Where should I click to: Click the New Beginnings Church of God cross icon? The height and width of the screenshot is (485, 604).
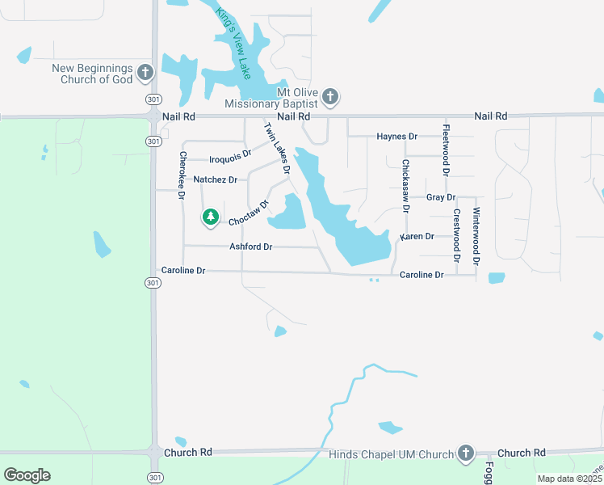pyautogui.click(x=145, y=73)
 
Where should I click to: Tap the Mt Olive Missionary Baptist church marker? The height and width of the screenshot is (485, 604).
pyautogui.click(x=329, y=98)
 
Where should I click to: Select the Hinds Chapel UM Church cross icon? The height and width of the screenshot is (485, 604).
pyautogui.click(x=465, y=453)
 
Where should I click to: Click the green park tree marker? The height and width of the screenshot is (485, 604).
pyautogui.click(x=211, y=217)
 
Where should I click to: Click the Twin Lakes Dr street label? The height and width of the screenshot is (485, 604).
pyautogui.click(x=276, y=148)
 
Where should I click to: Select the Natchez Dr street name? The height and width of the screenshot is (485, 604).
pyautogui.click(x=216, y=179)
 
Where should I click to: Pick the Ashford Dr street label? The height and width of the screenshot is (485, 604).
pyautogui.click(x=251, y=247)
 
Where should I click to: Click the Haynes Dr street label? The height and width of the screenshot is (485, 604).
pyautogui.click(x=396, y=137)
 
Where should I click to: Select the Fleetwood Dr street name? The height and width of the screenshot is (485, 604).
pyautogui.click(x=446, y=150)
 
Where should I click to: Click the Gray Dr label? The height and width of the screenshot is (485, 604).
pyautogui.click(x=441, y=197)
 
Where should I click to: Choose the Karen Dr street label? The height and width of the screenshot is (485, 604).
pyautogui.click(x=417, y=237)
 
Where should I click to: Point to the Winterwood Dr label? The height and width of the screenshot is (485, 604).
pyautogui.click(x=476, y=237)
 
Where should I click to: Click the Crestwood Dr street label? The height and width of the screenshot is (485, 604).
pyautogui.click(x=456, y=236)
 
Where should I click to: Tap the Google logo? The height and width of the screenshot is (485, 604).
pyautogui.click(x=27, y=475)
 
